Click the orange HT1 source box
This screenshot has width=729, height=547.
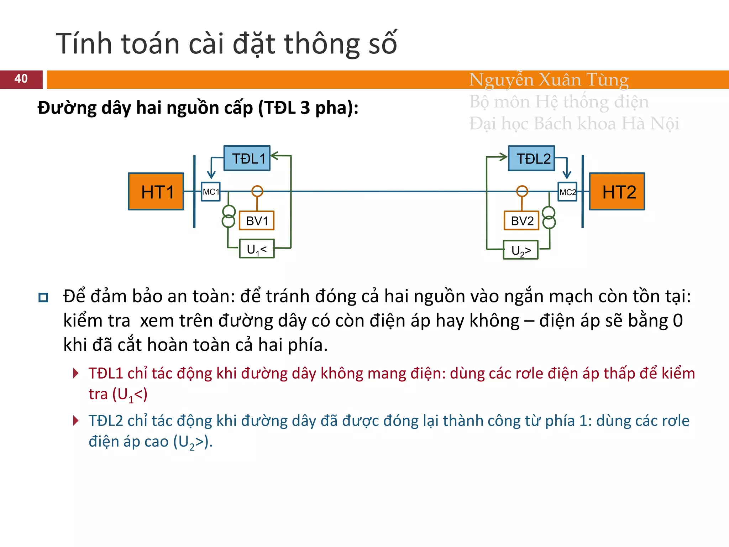[x=156, y=192]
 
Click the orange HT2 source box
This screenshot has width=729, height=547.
[x=617, y=192]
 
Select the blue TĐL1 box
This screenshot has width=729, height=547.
[x=247, y=158]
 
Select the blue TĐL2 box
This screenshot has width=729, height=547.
[x=531, y=158]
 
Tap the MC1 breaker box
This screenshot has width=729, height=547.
[x=211, y=192]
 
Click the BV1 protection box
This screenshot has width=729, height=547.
[x=257, y=221]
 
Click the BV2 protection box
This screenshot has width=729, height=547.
[x=522, y=221]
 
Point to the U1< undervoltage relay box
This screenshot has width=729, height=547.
[x=257, y=249]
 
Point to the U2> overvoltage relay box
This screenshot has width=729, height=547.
[x=521, y=250]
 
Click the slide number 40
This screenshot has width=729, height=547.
[x=21, y=79]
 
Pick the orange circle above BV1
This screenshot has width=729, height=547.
[x=257, y=191]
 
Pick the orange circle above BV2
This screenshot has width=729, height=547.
[x=522, y=191]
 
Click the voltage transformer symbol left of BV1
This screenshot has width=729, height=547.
[x=229, y=216]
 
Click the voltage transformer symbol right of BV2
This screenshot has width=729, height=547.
[x=549, y=218]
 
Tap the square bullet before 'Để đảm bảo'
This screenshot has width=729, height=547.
[x=43, y=297]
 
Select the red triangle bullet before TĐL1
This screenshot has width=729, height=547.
[x=75, y=373]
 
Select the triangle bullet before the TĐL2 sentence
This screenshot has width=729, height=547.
[x=75, y=421]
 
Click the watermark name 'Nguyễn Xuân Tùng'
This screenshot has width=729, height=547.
[x=549, y=80]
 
